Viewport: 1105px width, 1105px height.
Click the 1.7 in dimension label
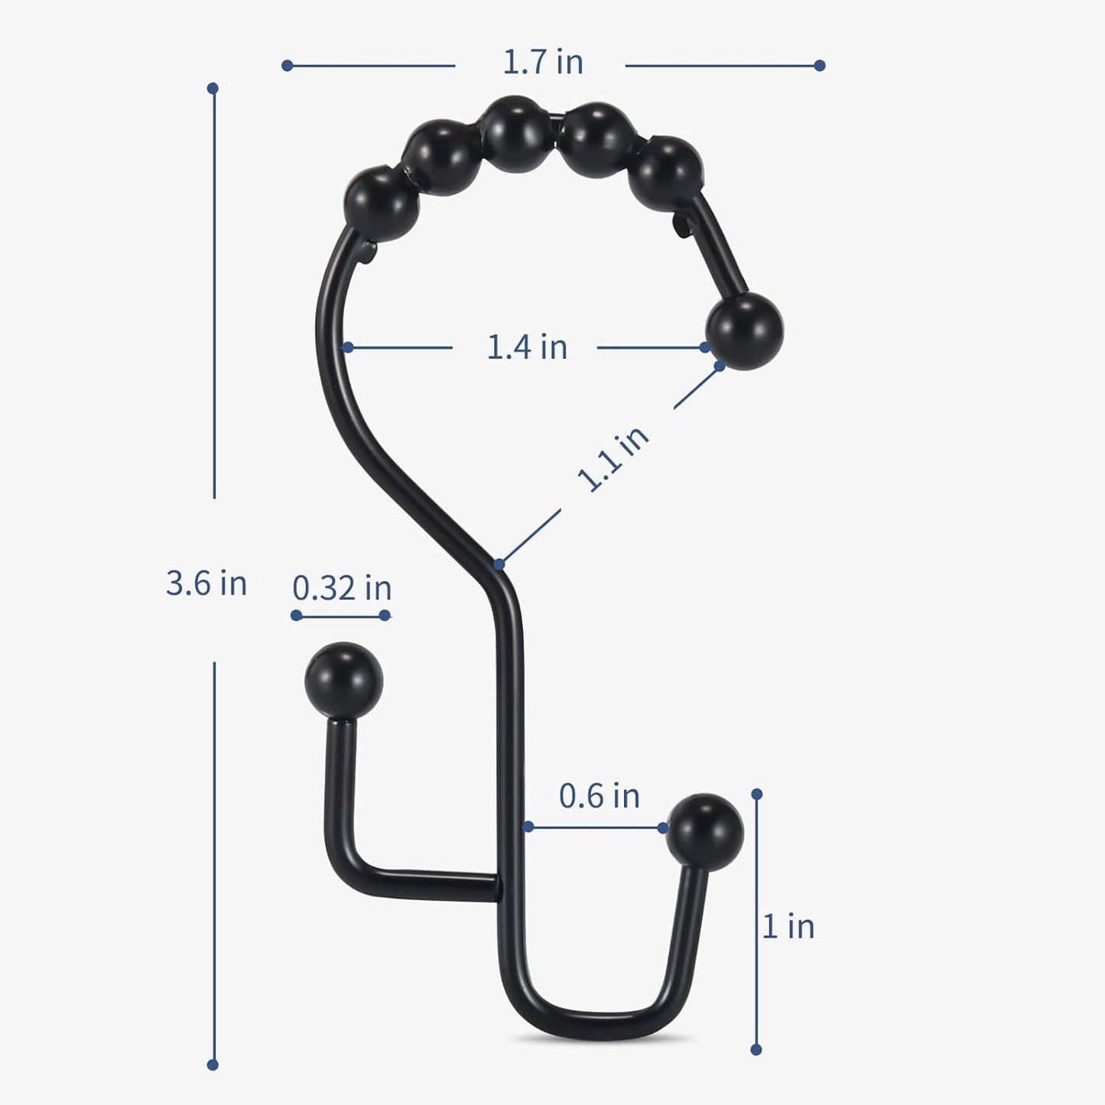click(542, 63)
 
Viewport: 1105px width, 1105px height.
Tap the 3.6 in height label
click(206, 583)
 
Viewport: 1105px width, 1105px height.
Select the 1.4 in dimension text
click(527, 347)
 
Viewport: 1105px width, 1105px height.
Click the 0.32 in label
click(342, 588)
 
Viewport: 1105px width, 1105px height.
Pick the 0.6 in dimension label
click(599, 796)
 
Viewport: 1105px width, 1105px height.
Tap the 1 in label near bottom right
click(788, 927)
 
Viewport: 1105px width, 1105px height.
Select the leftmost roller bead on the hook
click(382, 203)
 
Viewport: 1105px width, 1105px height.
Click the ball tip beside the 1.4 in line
click(744, 330)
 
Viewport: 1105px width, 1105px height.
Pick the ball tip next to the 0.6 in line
click(704, 832)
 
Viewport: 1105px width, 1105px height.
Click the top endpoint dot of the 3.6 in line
click(213, 89)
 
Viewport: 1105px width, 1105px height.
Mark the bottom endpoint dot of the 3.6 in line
click(213, 1064)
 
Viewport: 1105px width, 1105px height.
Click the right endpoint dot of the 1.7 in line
click(820, 66)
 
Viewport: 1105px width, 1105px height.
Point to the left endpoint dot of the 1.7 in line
click(287, 66)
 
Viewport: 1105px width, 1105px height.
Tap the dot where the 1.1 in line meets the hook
click(499, 564)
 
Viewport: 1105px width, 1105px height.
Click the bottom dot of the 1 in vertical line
click(756, 1050)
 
